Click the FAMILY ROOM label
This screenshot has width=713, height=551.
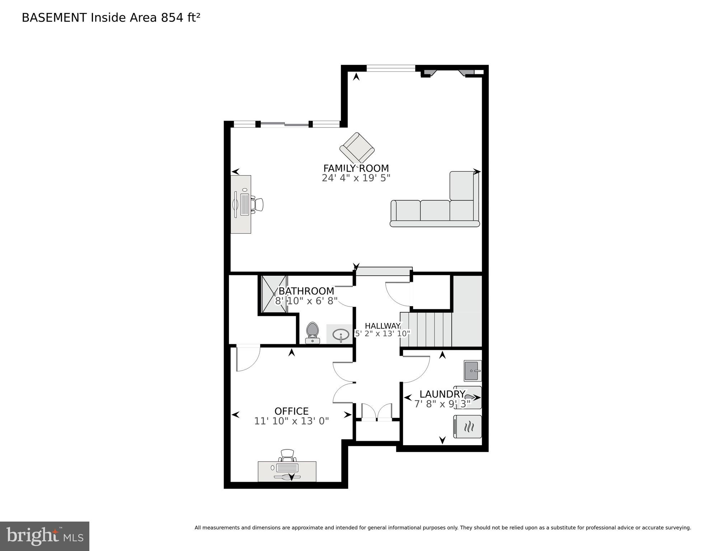(x=356, y=168)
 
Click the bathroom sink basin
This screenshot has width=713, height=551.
(x=340, y=335)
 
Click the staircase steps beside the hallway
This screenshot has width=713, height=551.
(x=426, y=329)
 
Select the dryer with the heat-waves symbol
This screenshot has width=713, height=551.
(x=468, y=427)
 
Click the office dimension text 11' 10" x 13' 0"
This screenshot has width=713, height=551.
(x=291, y=421)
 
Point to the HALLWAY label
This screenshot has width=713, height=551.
(x=383, y=326)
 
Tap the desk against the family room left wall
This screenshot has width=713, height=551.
(x=241, y=204)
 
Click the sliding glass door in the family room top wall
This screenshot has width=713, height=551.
(x=285, y=124)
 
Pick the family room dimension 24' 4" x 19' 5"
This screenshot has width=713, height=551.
(x=356, y=178)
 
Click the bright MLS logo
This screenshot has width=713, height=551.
(x=44, y=536)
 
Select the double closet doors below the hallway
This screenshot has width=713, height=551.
(x=377, y=412)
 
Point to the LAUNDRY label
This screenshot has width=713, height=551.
(x=442, y=394)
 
